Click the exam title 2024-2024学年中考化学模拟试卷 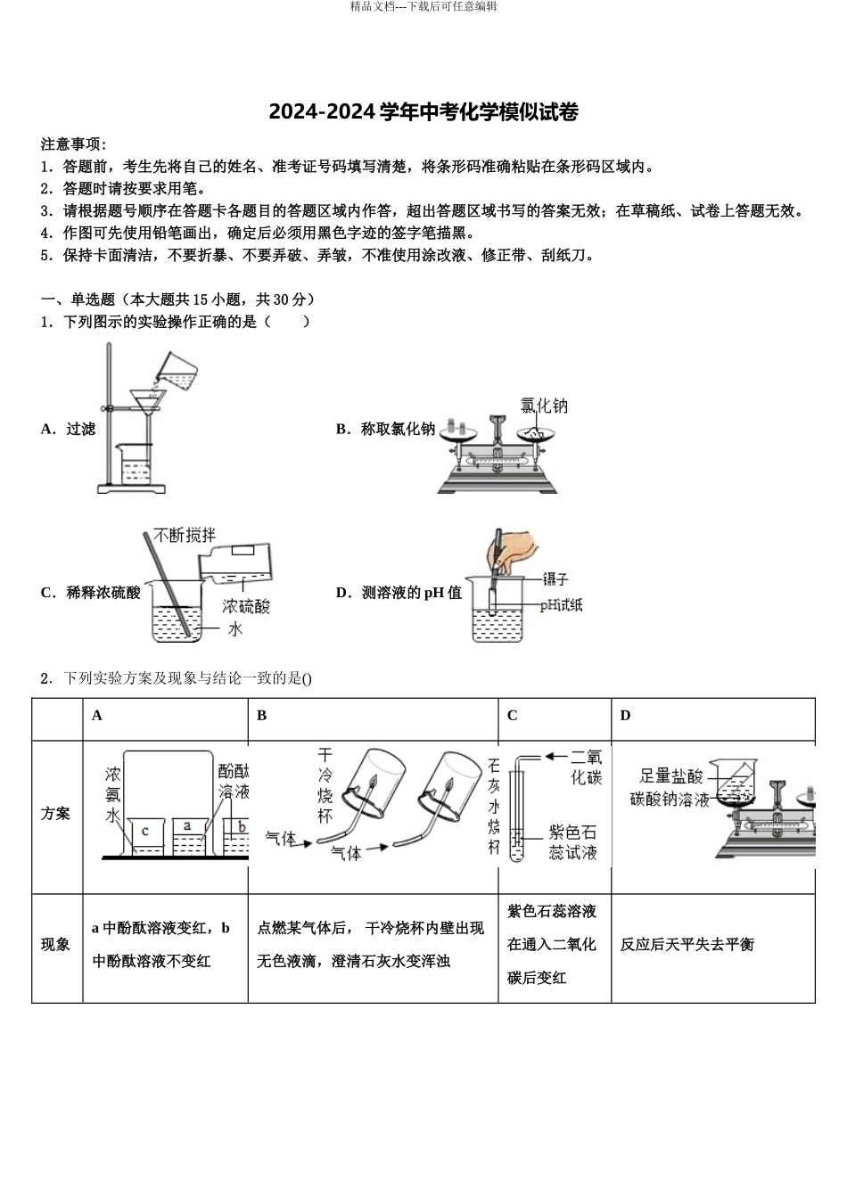(x=423, y=112)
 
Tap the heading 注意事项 (x=73, y=144)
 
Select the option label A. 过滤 (x=68, y=429)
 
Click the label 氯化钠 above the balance (x=543, y=406)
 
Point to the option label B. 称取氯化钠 (x=385, y=429)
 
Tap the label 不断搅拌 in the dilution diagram (x=184, y=535)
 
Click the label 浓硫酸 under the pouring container (x=246, y=606)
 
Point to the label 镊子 (x=555, y=579)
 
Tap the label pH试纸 (x=561, y=605)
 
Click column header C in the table (x=513, y=716)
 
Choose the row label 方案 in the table (x=55, y=814)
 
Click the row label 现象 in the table (x=55, y=944)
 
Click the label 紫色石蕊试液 (x=572, y=842)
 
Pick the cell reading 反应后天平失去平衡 (x=687, y=944)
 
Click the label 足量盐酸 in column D (x=671, y=775)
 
